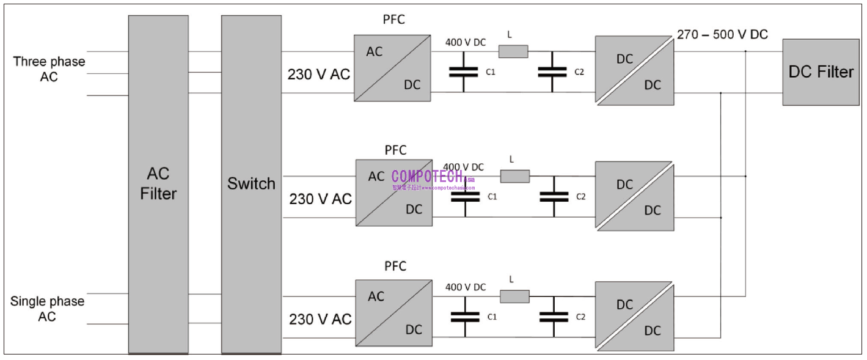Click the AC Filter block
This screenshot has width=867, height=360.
click(158, 183)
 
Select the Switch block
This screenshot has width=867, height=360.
click(251, 183)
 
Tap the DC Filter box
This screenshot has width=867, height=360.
click(821, 72)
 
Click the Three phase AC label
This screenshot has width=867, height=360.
click(49, 69)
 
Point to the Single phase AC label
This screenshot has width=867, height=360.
click(47, 309)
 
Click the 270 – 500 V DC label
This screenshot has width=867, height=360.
click(722, 35)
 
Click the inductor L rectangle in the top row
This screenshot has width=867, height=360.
click(513, 51)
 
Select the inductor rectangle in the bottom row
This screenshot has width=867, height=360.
click(514, 297)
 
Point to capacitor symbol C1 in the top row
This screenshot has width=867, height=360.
click(463, 72)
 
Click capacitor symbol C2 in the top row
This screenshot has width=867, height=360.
click(552, 72)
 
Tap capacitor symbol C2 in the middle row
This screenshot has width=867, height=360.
click(554, 197)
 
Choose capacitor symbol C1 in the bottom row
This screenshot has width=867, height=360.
click(465, 317)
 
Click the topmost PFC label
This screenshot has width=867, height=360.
click(393, 20)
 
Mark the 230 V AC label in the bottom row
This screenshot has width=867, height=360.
click(320, 320)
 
